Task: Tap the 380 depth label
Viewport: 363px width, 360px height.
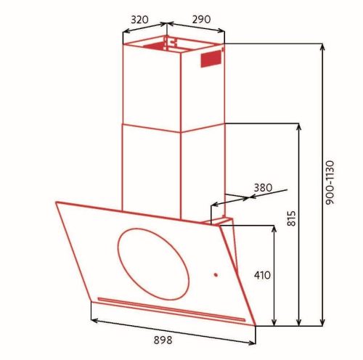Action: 262,187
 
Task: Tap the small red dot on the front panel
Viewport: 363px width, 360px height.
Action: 215,274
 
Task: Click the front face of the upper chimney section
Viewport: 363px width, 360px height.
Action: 151,83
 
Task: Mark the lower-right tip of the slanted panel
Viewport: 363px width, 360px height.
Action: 256,327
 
